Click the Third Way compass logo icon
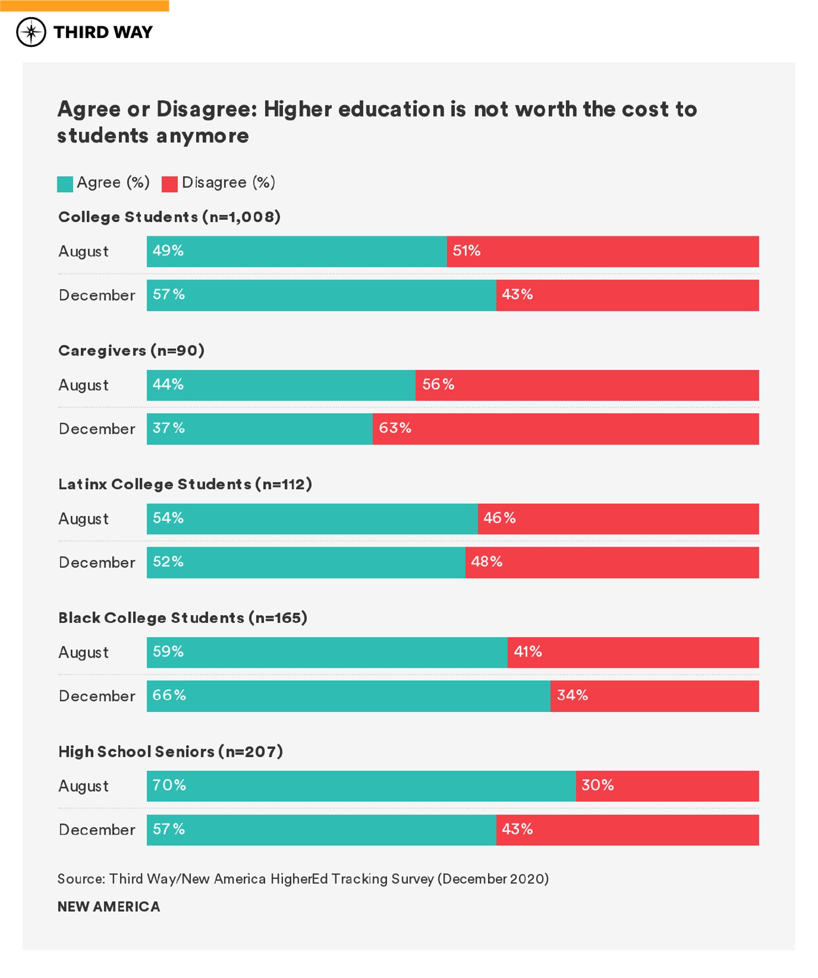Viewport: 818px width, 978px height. (31, 32)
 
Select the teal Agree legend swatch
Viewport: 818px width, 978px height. (65, 184)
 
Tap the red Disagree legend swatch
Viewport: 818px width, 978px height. (169, 184)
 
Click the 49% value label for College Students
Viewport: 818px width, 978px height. (168, 251)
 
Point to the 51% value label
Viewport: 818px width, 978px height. (466, 251)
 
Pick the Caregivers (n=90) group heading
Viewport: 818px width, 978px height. (132, 351)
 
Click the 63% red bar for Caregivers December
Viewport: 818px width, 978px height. (565, 429)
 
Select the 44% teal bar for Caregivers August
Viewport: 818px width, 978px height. (281, 385)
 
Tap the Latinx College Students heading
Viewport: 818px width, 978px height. (185, 484)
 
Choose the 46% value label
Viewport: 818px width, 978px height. (499, 518)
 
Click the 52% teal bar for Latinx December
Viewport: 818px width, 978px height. (306, 563)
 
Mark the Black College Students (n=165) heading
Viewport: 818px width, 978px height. (183, 618)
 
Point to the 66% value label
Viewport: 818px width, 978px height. (169, 695)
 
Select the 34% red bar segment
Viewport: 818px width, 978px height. (654, 696)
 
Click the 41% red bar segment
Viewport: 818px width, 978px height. (633, 652)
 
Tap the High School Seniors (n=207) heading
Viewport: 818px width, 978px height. (171, 752)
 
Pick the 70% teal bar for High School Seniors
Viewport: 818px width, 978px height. (361, 786)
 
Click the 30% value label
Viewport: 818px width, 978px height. (597, 785)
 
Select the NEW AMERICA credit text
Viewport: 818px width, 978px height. (109, 907)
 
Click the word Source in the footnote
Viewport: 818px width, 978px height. (81, 879)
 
